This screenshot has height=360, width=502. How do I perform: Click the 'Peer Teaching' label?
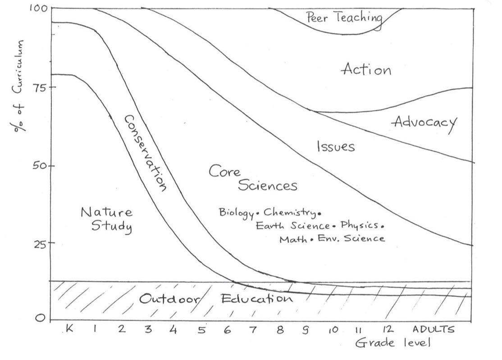click(344, 18)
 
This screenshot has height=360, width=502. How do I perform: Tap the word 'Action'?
click(366, 70)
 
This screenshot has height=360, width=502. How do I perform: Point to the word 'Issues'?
click(336, 147)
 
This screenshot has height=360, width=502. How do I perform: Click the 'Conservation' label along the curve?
click(146, 153)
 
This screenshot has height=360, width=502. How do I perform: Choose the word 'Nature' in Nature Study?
click(106, 212)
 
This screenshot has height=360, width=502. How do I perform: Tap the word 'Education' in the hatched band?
click(256, 299)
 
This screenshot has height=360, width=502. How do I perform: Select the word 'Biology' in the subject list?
click(236, 212)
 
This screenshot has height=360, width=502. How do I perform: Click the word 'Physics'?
click(359, 225)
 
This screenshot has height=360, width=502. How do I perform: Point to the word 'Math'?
click(292, 239)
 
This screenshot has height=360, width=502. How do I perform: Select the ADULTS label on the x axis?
click(435, 329)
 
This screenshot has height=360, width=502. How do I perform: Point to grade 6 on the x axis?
click(228, 330)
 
